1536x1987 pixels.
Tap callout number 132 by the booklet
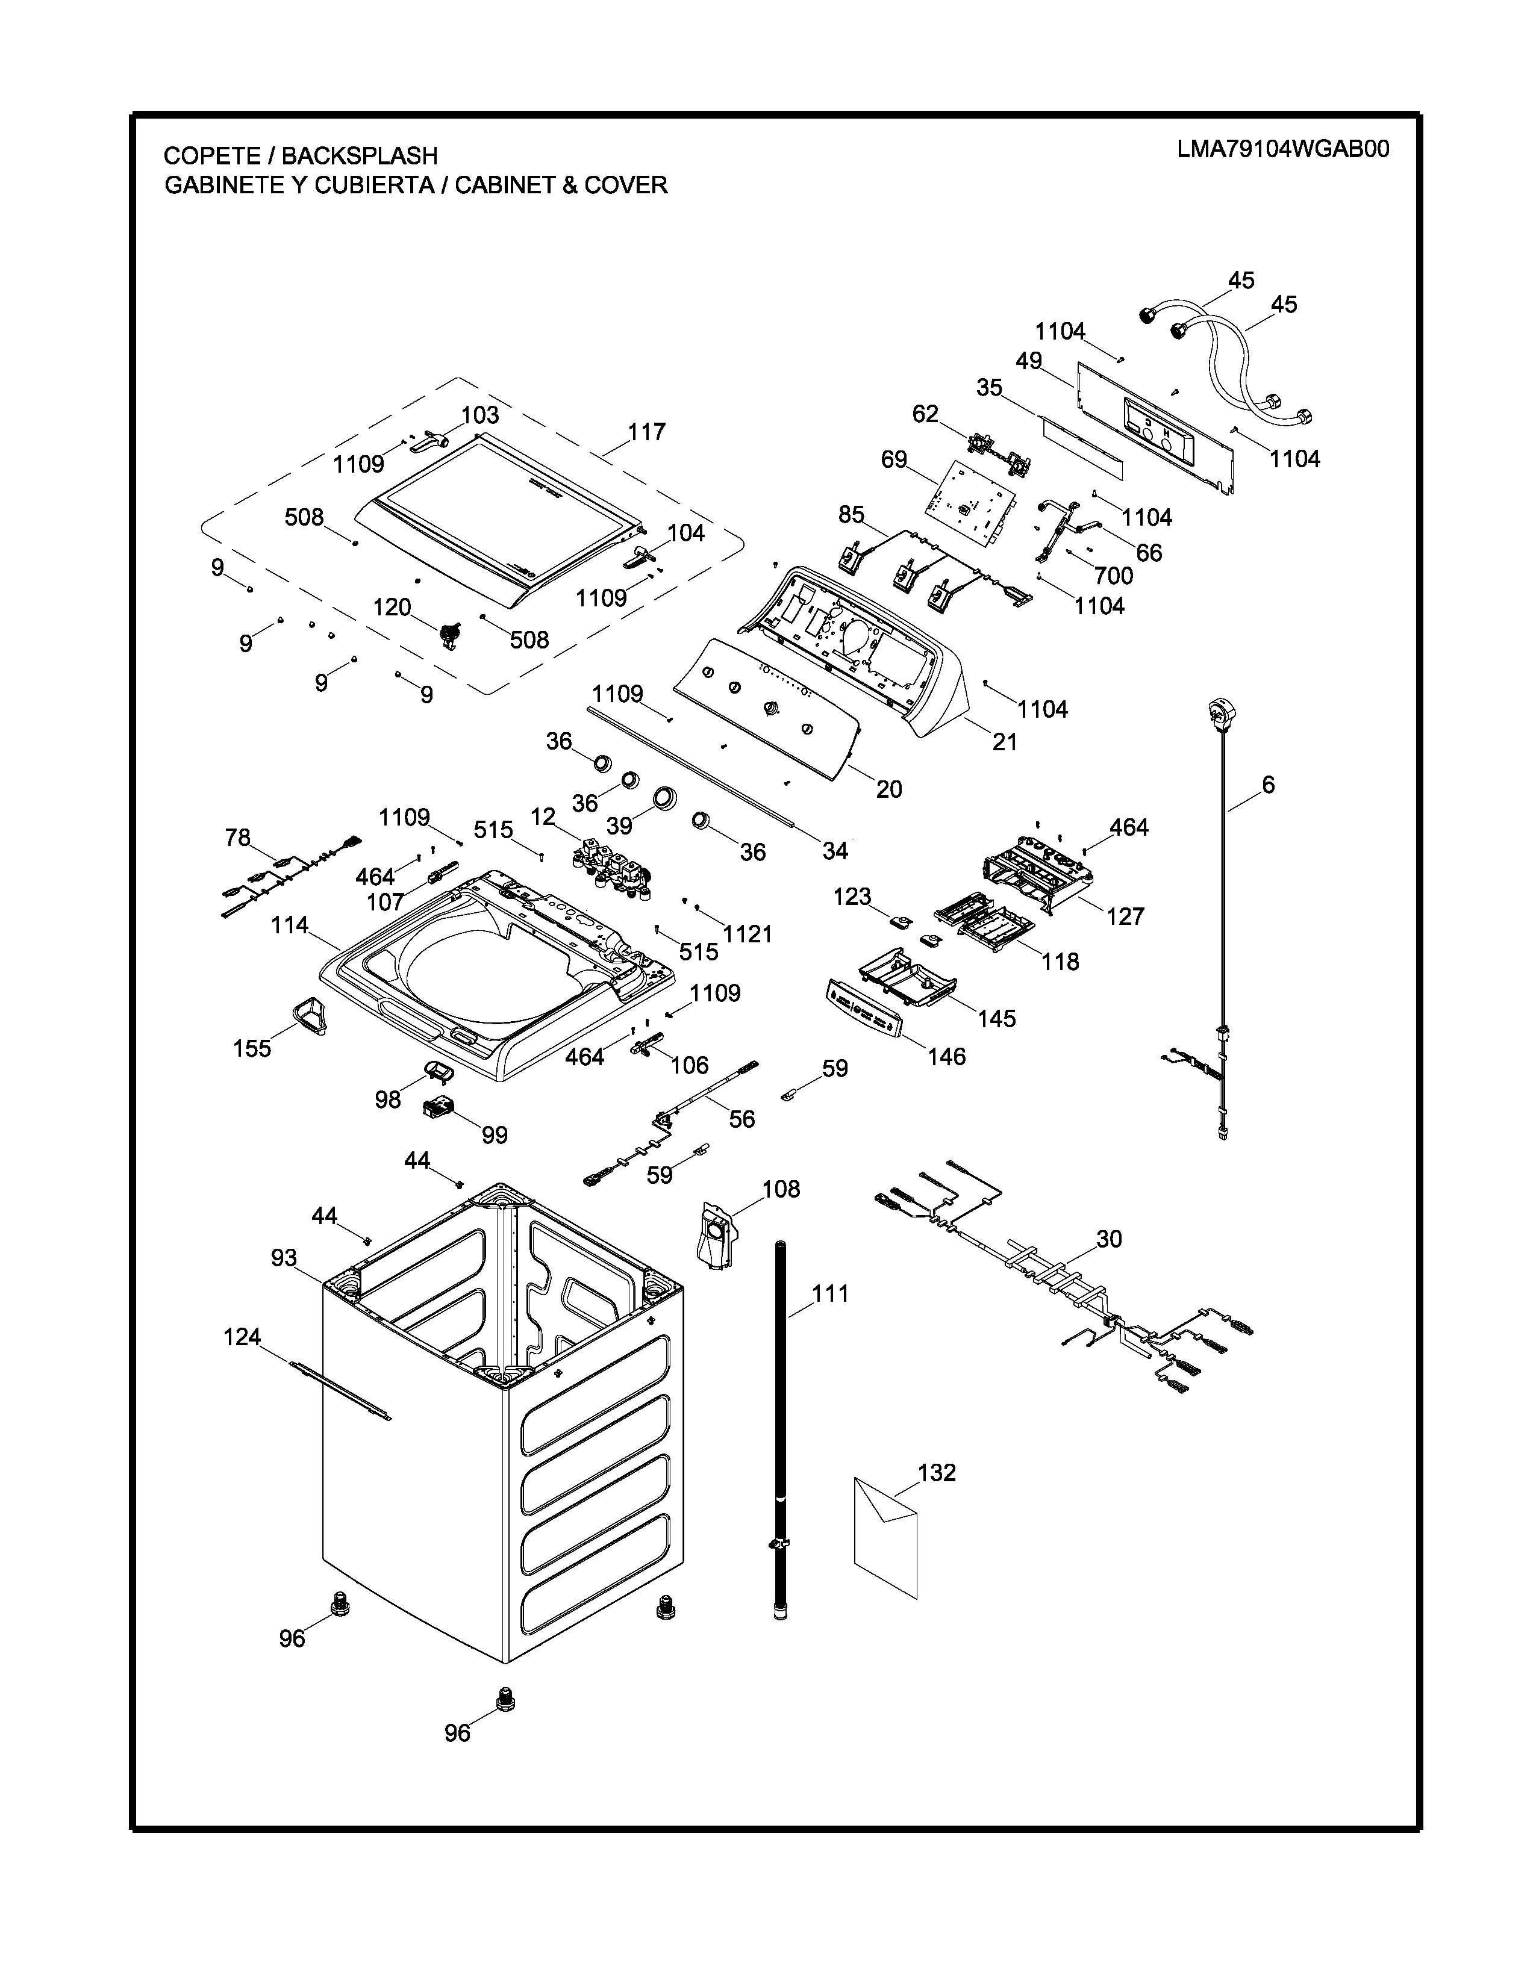[x=937, y=1472]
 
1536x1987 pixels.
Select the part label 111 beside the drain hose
[x=830, y=1293]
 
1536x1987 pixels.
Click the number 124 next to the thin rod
[x=242, y=1337]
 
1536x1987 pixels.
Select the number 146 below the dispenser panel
[x=946, y=1056]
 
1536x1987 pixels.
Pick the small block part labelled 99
[x=439, y=1108]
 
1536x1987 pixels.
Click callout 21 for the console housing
[x=1005, y=741]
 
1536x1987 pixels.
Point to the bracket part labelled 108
[x=717, y=1234]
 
